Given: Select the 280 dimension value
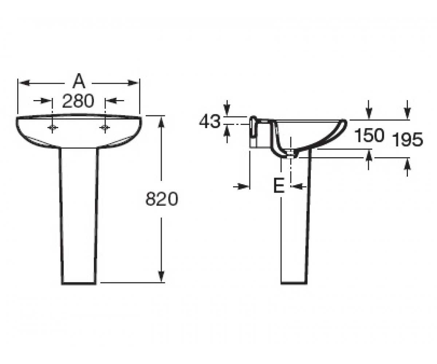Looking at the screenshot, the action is click(x=78, y=101).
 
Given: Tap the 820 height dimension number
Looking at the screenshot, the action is click(x=162, y=199).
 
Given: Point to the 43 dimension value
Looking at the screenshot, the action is click(x=210, y=122).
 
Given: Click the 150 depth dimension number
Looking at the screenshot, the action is click(x=370, y=135).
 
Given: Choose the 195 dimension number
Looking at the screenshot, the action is click(x=408, y=139).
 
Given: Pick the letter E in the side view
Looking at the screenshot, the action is click(x=279, y=185).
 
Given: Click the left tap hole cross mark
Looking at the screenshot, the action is click(x=52, y=127).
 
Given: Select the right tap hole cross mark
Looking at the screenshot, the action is click(x=105, y=127).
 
